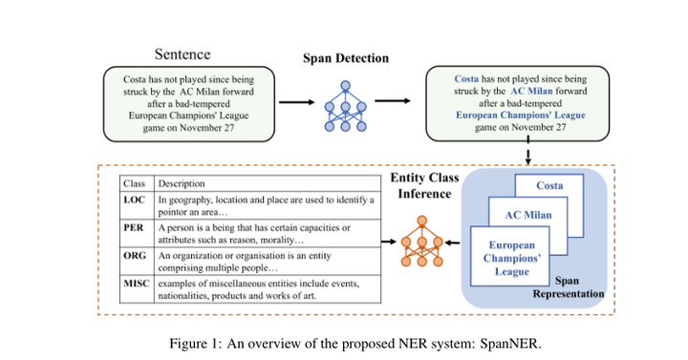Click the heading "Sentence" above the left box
click(183, 55)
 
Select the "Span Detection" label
click(346, 58)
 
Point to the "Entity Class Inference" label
click(424, 186)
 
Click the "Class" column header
click(135, 182)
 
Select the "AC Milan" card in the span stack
click(528, 215)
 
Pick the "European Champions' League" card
click(507, 259)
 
